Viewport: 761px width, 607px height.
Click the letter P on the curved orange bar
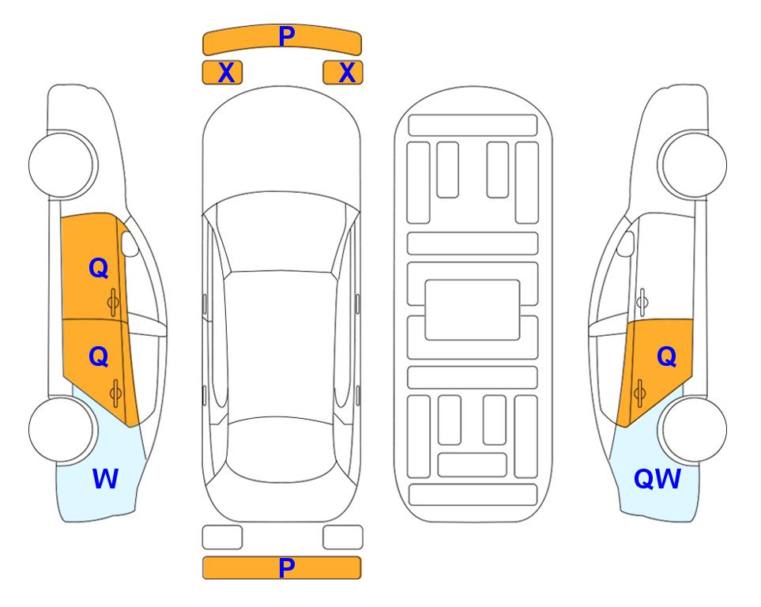coord(287,36)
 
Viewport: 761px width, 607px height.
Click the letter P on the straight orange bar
coord(287,567)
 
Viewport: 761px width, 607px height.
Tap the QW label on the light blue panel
coord(657,479)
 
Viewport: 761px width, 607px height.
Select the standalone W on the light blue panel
coord(105,478)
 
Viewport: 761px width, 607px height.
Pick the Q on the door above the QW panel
coord(666,357)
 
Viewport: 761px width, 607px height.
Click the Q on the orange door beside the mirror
coord(99,268)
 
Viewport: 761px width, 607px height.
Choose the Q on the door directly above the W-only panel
coord(99,357)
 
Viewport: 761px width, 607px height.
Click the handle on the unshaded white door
coord(642,302)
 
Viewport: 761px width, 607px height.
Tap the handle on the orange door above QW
coord(639,393)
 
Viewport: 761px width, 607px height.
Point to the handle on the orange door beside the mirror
coord(113,302)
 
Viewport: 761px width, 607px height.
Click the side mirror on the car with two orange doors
coord(130,243)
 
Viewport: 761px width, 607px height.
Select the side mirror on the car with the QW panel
coord(625,243)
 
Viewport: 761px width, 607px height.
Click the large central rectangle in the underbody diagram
coord(473,310)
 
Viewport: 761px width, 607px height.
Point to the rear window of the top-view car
coord(281,449)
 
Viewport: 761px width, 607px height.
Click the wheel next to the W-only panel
coord(62,429)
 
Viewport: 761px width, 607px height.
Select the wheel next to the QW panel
coord(694,429)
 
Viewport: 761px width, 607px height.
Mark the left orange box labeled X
coord(222,73)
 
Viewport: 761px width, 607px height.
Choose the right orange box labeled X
coord(343,73)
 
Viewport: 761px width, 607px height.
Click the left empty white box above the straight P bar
coord(222,537)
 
